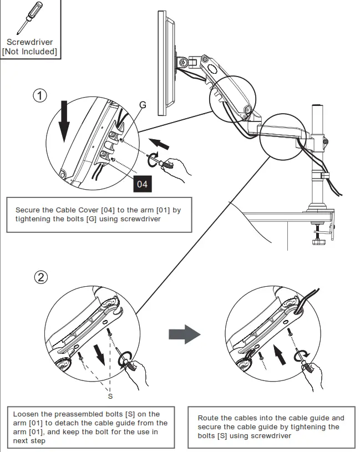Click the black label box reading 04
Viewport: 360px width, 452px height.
tap(142, 184)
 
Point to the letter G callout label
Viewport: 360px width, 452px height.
tap(143, 104)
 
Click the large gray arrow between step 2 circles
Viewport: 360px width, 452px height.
tap(184, 334)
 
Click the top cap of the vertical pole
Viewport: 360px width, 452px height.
tap(318, 105)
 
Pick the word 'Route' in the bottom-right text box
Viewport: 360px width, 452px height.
tap(208, 418)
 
